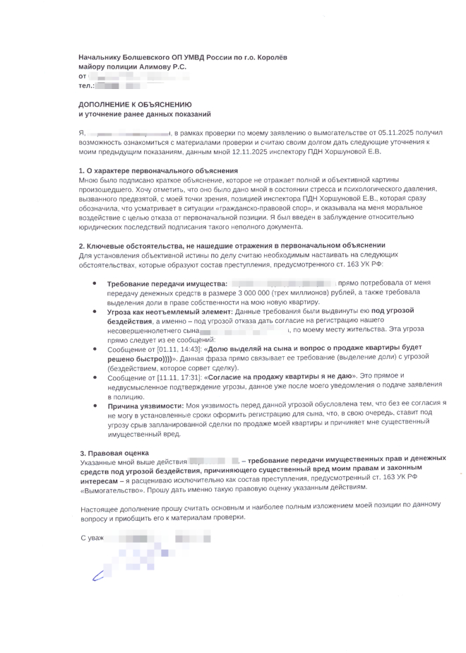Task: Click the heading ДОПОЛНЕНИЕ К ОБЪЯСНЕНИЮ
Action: pos(134,104)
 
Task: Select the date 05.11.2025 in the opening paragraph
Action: pos(382,132)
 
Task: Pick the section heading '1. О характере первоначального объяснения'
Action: pos(158,171)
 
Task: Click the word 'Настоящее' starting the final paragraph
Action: pos(100,508)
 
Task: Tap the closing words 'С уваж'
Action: pos(92,539)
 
